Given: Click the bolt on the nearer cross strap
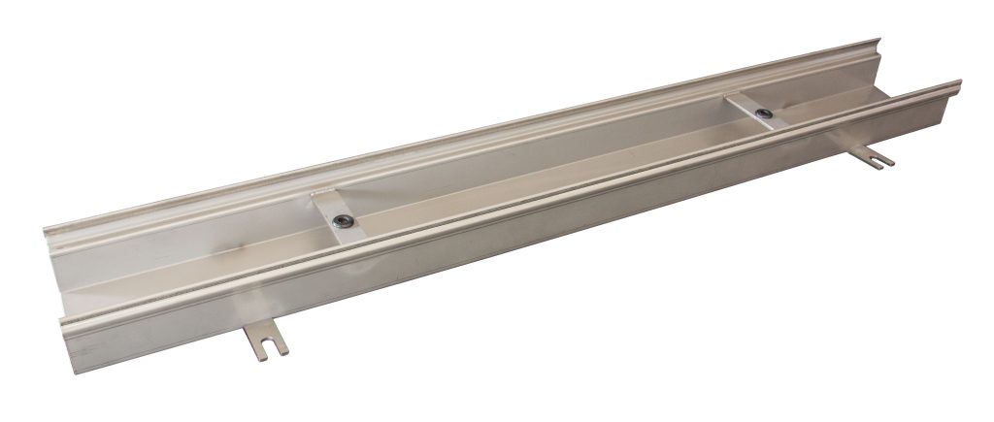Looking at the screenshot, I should pos(341,222).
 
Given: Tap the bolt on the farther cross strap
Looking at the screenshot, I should pos(766,114).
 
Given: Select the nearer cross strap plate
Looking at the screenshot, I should pos(336,212).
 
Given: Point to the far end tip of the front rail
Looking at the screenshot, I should pos(959,83).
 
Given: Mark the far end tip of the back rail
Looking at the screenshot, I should pos(878,42).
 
